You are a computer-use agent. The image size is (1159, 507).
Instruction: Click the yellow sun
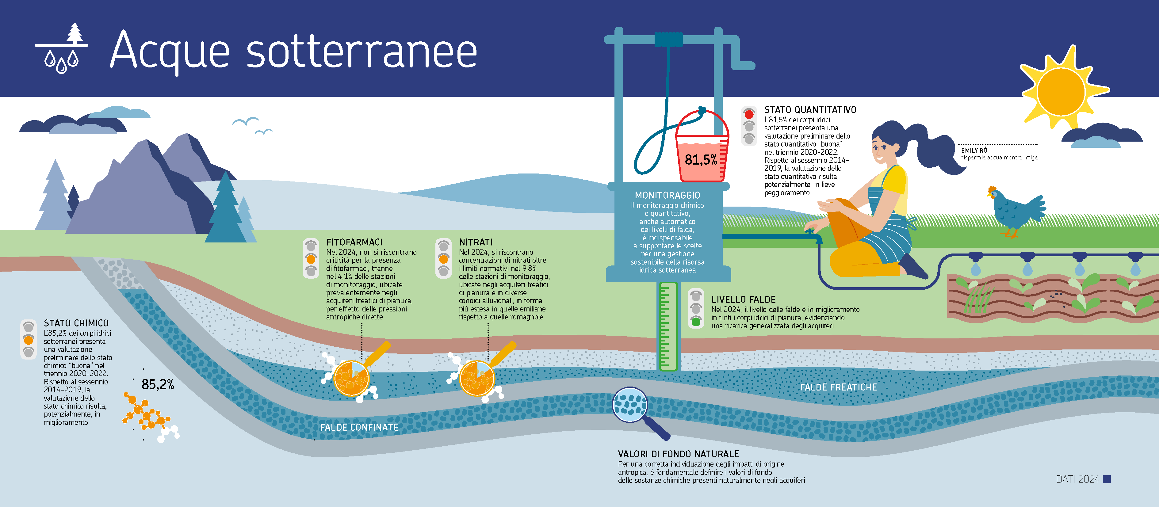pos(1061,92)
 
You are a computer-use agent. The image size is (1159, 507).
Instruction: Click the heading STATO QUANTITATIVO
pos(810,110)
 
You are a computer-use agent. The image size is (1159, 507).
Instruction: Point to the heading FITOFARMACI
pos(354,242)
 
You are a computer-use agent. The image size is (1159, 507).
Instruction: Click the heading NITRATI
pos(476,242)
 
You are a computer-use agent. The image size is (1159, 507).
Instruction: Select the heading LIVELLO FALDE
pos(743,299)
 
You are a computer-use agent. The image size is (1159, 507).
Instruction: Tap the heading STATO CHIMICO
pos(76,323)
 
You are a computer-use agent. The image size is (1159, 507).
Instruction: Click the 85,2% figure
pos(158,385)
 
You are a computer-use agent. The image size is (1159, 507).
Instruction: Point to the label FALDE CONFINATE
pos(359,427)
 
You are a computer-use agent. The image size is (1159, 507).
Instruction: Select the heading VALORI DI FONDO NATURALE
pos(678,454)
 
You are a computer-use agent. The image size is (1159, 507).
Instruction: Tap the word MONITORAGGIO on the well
pos(667,195)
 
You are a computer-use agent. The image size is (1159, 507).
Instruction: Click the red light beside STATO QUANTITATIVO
pos(749,114)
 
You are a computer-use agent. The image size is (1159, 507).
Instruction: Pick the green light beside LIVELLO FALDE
pos(696,321)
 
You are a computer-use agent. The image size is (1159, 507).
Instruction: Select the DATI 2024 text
pos(1077,479)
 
